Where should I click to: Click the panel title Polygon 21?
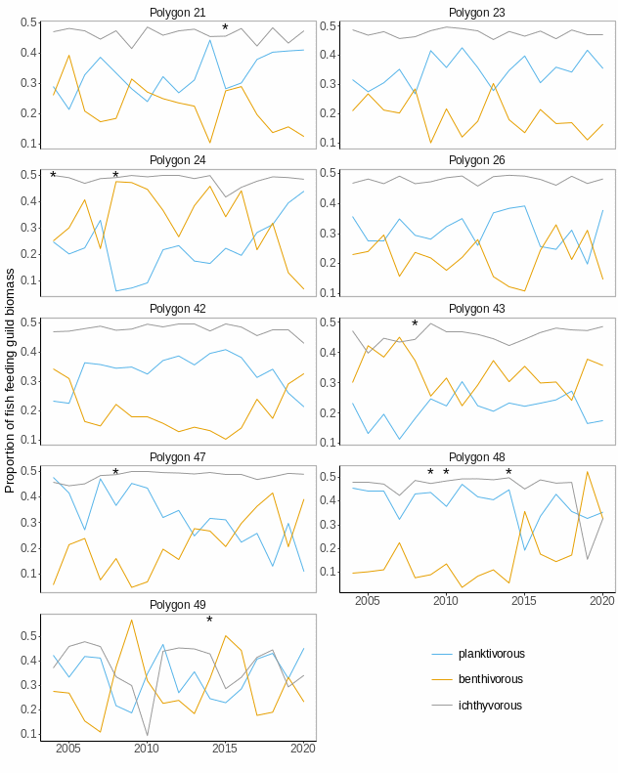(177, 12)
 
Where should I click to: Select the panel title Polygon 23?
(476, 12)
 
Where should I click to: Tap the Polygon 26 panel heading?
(476, 159)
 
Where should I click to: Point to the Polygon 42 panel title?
(177, 308)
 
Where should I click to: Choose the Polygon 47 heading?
(177, 456)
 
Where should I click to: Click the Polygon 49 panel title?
(177, 605)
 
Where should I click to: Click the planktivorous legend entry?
(491, 654)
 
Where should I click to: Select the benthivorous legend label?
(490, 679)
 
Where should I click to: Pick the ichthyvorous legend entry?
(490, 706)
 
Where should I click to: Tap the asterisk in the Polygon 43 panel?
(415, 325)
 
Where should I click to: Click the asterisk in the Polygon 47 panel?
(115, 474)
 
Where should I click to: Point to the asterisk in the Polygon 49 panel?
(209, 622)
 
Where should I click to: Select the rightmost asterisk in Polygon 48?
(508, 474)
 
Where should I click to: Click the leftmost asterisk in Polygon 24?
(53, 177)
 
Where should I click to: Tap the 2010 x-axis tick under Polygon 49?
(147, 749)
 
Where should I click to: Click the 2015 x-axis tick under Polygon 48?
(524, 600)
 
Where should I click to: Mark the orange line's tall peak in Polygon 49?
(131, 620)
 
